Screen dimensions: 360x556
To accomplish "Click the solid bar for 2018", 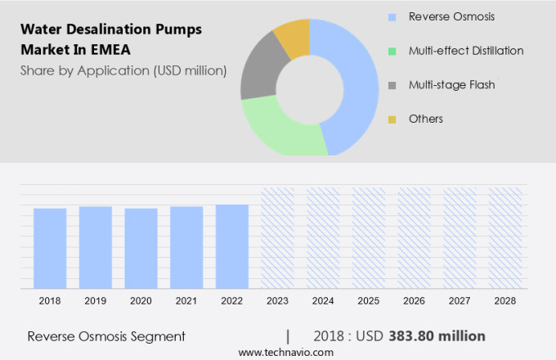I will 50,248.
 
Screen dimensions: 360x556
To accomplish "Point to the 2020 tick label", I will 141,301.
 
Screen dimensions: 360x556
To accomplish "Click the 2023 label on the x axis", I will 278,301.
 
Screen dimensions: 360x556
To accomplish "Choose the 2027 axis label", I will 460,301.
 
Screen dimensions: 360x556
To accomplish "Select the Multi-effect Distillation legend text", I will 466,51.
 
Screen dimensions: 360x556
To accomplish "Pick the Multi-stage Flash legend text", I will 452,84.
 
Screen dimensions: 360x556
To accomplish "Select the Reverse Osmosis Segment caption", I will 106,336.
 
